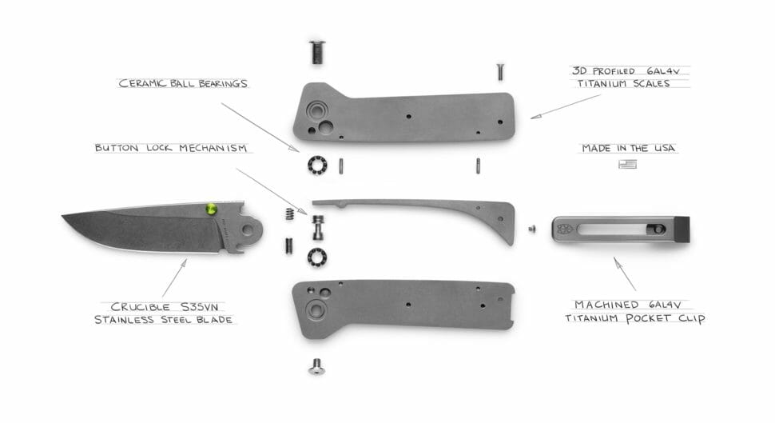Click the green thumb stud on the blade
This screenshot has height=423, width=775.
[211, 209]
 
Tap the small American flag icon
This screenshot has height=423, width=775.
[627, 164]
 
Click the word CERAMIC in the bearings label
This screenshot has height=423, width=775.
[142, 84]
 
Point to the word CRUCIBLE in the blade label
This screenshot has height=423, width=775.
[140, 307]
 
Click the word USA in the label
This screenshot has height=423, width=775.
[664, 148]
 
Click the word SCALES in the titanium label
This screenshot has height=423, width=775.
[651, 84]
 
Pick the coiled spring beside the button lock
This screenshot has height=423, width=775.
[290, 213]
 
